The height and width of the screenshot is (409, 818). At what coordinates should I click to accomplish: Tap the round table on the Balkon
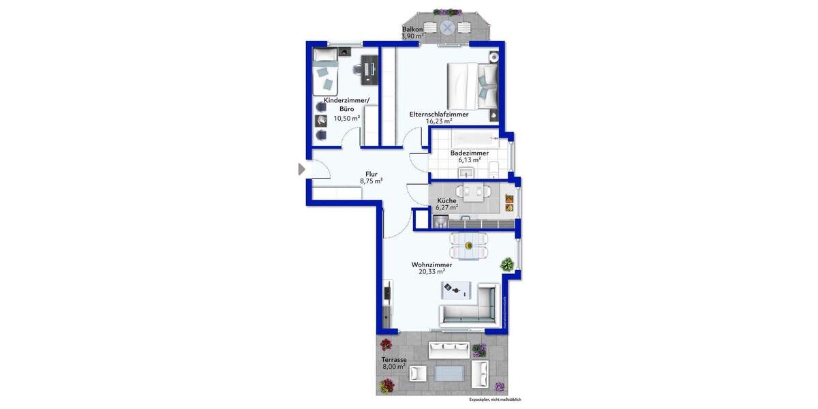tap(447, 28)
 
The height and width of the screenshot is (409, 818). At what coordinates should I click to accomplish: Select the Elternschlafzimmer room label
tap(438, 114)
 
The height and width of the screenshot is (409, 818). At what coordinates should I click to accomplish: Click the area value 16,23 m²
tap(438, 121)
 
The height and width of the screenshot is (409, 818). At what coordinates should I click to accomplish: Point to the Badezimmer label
tap(469, 153)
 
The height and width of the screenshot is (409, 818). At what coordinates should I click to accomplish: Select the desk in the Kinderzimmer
tap(369, 69)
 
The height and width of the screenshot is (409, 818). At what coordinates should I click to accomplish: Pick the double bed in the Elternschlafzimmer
tap(473, 85)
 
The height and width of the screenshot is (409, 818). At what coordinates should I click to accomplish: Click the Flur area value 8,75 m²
tap(371, 181)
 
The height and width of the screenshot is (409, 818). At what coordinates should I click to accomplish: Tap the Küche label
tap(446, 200)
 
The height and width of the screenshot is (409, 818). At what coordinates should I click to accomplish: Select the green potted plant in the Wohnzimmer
tap(506, 263)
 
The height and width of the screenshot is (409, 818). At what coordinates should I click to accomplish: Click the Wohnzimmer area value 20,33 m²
tap(431, 271)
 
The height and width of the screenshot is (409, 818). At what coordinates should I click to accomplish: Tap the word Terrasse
tap(394, 359)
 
